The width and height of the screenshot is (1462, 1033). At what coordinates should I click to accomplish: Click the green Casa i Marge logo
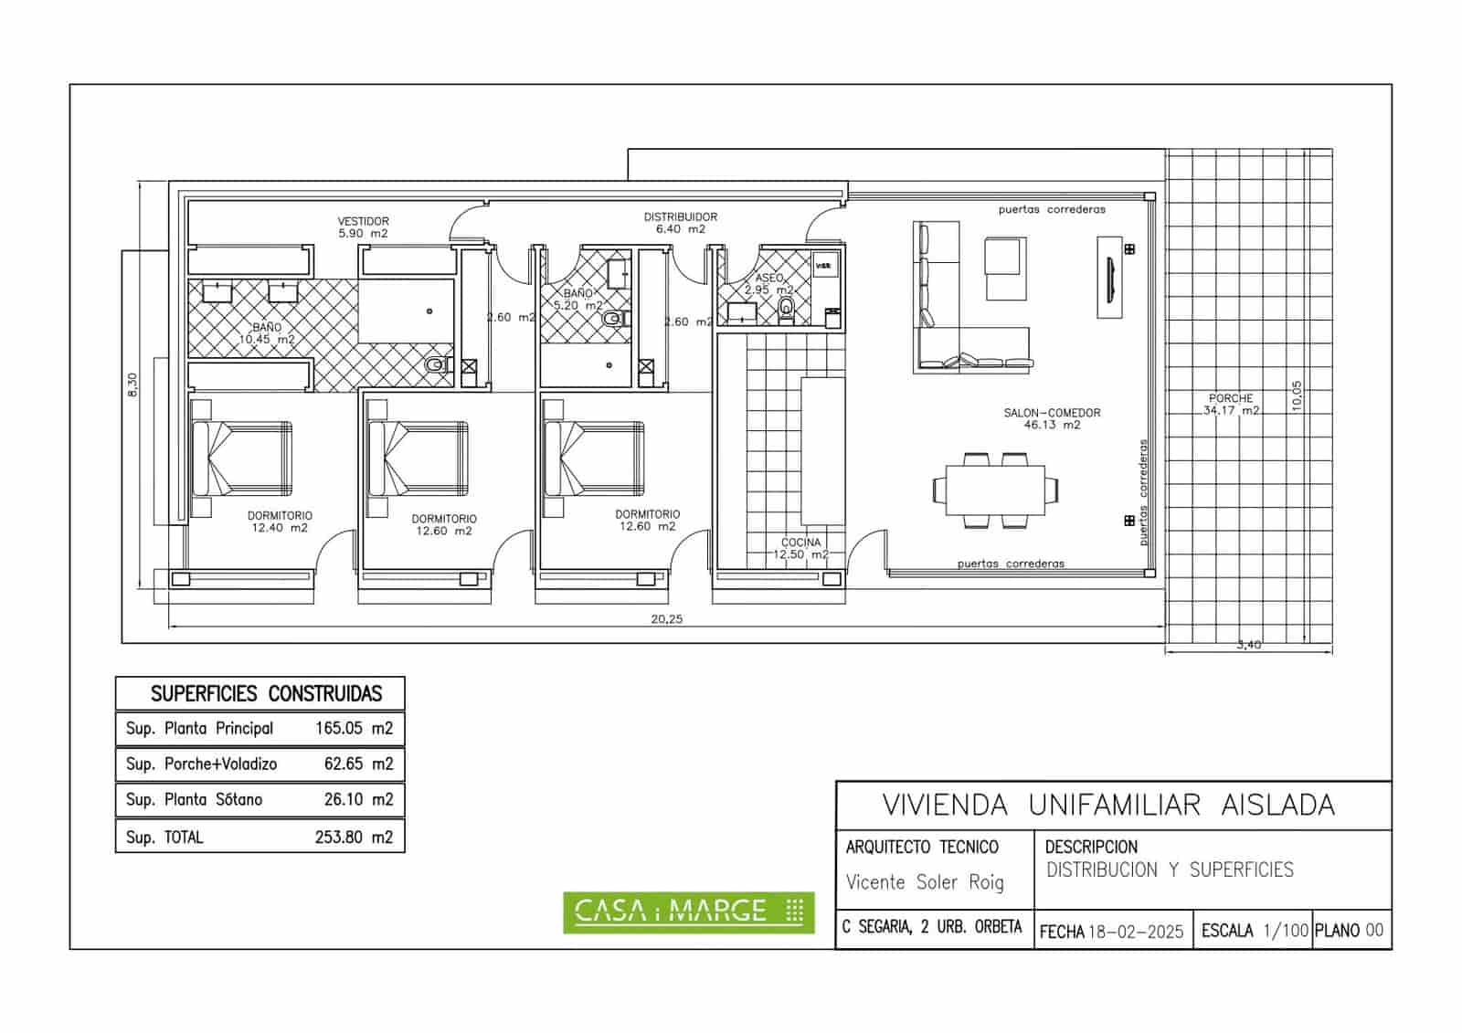tap(688, 911)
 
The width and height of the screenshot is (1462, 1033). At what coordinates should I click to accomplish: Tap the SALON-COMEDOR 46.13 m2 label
tap(1052, 418)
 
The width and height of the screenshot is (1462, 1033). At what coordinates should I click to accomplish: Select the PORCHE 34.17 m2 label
tap(1230, 405)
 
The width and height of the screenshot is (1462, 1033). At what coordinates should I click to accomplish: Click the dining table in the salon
tap(995, 490)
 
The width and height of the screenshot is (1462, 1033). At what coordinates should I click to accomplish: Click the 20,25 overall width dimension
tap(666, 619)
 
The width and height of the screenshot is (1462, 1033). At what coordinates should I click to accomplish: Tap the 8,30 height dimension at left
tap(133, 385)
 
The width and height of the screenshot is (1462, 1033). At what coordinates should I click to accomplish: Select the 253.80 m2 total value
tap(354, 837)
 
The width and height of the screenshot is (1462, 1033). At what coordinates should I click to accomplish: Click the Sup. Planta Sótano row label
tap(194, 800)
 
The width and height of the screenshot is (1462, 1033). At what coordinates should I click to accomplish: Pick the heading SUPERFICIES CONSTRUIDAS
tap(266, 694)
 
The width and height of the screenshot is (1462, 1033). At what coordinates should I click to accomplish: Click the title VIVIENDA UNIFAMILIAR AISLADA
tap(1107, 806)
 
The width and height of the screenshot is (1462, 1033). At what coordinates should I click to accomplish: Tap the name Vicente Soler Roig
tap(924, 882)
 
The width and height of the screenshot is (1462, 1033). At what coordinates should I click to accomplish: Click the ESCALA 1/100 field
tap(1254, 931)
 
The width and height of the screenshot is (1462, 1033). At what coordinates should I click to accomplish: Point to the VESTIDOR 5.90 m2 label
tap(363, 227)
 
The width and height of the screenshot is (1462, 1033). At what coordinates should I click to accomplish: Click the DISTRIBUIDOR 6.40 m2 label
tap(680, 223)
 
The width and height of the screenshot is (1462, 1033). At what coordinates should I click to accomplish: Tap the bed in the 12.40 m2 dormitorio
tap(242, 459)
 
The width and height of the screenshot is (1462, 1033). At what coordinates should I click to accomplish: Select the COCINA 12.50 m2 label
tap(800, 548)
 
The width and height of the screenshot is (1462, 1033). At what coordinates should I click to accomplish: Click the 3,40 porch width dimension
tap(1248, 645)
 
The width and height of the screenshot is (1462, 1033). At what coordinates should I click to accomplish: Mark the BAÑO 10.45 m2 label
tap(267, 332)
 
